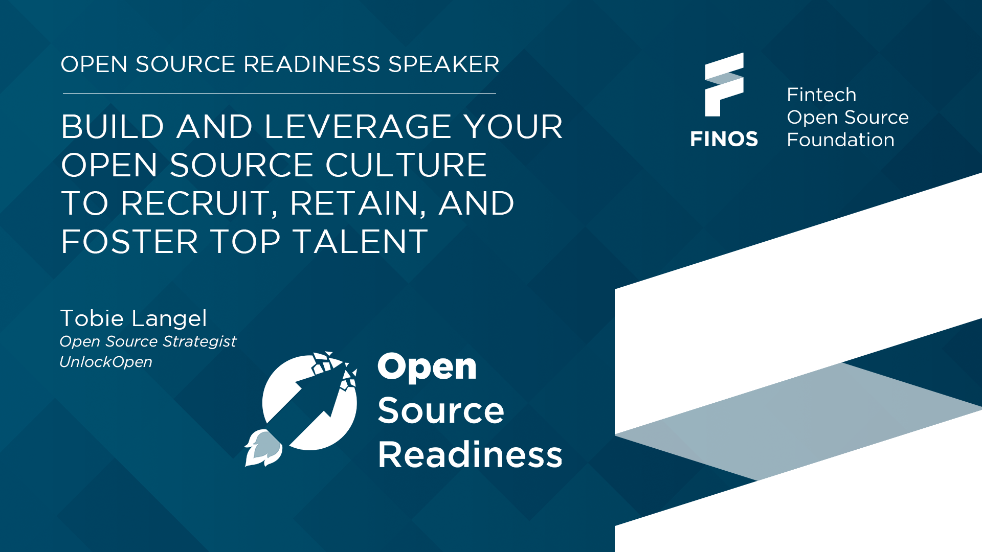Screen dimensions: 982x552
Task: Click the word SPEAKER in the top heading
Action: point(443,64)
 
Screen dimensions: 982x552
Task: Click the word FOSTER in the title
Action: point(129,241)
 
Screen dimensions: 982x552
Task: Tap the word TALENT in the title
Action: point(361,241)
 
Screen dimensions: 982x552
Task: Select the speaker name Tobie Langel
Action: point(133,318)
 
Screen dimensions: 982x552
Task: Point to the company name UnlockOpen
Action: point(106,362)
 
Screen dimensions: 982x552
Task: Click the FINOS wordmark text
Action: point(724,139)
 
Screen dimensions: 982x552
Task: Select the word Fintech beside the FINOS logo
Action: point(821,95)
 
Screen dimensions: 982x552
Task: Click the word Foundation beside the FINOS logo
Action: point(841,140)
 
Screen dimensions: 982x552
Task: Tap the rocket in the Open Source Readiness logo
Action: point(263,448)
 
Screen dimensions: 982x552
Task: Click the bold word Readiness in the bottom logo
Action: point(470,454)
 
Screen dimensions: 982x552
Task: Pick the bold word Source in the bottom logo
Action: point(441,410)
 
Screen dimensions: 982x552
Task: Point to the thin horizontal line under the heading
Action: point(279,93)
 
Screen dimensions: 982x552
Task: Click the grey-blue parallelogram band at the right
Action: point(798,422)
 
